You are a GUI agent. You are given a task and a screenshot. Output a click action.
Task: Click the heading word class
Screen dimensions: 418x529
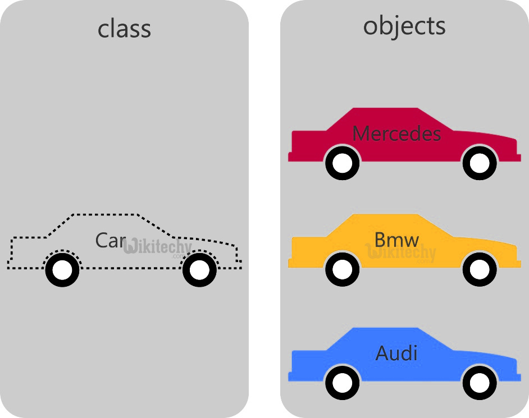tap(124, 29)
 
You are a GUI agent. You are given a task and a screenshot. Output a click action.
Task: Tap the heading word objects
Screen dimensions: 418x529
tap(404, 26)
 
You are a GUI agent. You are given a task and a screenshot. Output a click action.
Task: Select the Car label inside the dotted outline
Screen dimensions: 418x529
tap(110, 241)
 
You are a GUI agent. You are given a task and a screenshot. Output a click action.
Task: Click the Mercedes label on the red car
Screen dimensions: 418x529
tap(396, 134)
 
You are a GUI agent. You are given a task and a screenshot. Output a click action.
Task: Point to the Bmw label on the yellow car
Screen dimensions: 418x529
tap(396, 240)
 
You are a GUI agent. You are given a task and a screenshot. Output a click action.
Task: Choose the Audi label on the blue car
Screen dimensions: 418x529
tap(396, 353)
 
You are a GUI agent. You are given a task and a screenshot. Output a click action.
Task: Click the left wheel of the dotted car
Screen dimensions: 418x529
tap(62, 270)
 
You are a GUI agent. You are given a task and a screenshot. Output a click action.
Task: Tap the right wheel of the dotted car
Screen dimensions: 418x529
tap(199, 270)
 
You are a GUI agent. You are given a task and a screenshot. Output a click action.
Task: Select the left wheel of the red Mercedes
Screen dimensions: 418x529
tap(342, 163)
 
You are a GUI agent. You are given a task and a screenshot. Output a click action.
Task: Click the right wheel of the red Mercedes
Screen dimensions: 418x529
tap(479, 163)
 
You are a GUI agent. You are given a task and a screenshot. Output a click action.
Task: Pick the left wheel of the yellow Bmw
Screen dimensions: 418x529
tap(342, 270)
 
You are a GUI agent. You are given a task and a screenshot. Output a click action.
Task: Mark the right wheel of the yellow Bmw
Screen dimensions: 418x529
tap(479, 270)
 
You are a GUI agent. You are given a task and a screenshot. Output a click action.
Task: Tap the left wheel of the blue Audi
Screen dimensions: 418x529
tap(342, 383)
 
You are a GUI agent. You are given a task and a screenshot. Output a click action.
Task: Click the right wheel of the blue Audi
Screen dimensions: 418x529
tap(479, 383)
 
